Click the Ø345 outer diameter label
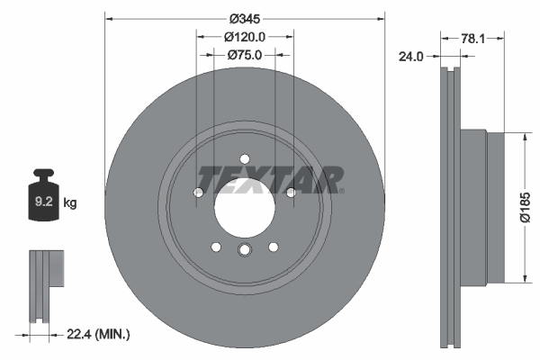click(245, 19)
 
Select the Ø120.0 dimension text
click(244, 37)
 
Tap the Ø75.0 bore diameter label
click(244, 55)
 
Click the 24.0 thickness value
click(410, 56)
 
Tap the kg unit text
click(70, 203)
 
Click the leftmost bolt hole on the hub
click(199, 192)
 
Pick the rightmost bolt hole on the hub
click(291, 192)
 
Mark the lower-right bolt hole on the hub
click(274, 247)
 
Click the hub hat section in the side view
click(477, 208)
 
